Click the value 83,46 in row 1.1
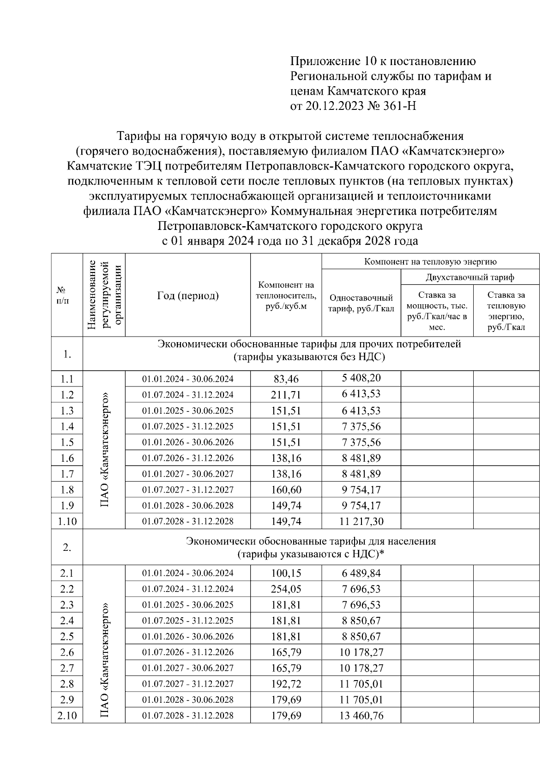286,379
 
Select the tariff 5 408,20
361,378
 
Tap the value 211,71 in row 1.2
286,395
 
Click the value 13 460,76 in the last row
361,716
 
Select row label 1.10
67,521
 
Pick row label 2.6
67,652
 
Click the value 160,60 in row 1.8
286,489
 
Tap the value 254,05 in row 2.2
286,589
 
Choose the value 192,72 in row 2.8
286,684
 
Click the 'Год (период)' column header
187,296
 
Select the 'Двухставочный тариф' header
470,277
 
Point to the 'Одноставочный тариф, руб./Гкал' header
361,303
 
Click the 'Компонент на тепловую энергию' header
430,262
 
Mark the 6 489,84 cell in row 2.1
361,573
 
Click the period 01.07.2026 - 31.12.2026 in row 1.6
187,458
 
